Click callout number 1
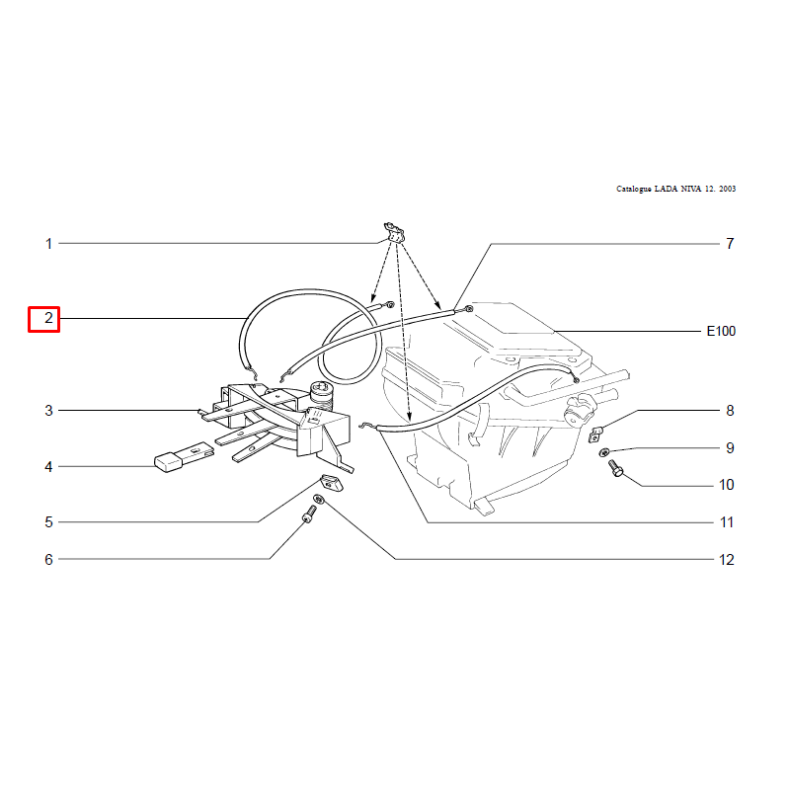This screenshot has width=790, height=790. coord(48,244)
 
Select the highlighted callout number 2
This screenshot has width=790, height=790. coord(48,318)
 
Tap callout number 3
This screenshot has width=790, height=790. coord(48,411)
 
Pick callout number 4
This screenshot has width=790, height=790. coord(48,467)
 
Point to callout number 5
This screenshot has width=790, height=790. coord(48,522)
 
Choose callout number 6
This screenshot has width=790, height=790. coord(48,559)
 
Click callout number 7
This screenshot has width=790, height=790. coord(730,244)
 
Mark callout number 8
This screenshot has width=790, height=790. coord(730,411)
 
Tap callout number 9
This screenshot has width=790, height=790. coord(730,448)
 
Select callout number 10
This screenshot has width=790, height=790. coord(727,485)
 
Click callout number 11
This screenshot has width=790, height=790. coord(727,522)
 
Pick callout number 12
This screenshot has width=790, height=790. coord(727,559)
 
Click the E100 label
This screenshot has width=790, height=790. coord(721,331)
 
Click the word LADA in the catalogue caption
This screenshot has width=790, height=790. coord(666,189)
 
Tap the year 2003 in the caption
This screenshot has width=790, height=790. coord(728,189)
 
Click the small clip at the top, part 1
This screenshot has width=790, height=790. coord(394,232)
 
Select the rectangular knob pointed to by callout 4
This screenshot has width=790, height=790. coord(168,462)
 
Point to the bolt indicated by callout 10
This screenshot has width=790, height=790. coord(615,468)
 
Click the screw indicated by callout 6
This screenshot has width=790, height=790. coord(309,513)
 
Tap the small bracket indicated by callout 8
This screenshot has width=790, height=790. coord(595,434)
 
